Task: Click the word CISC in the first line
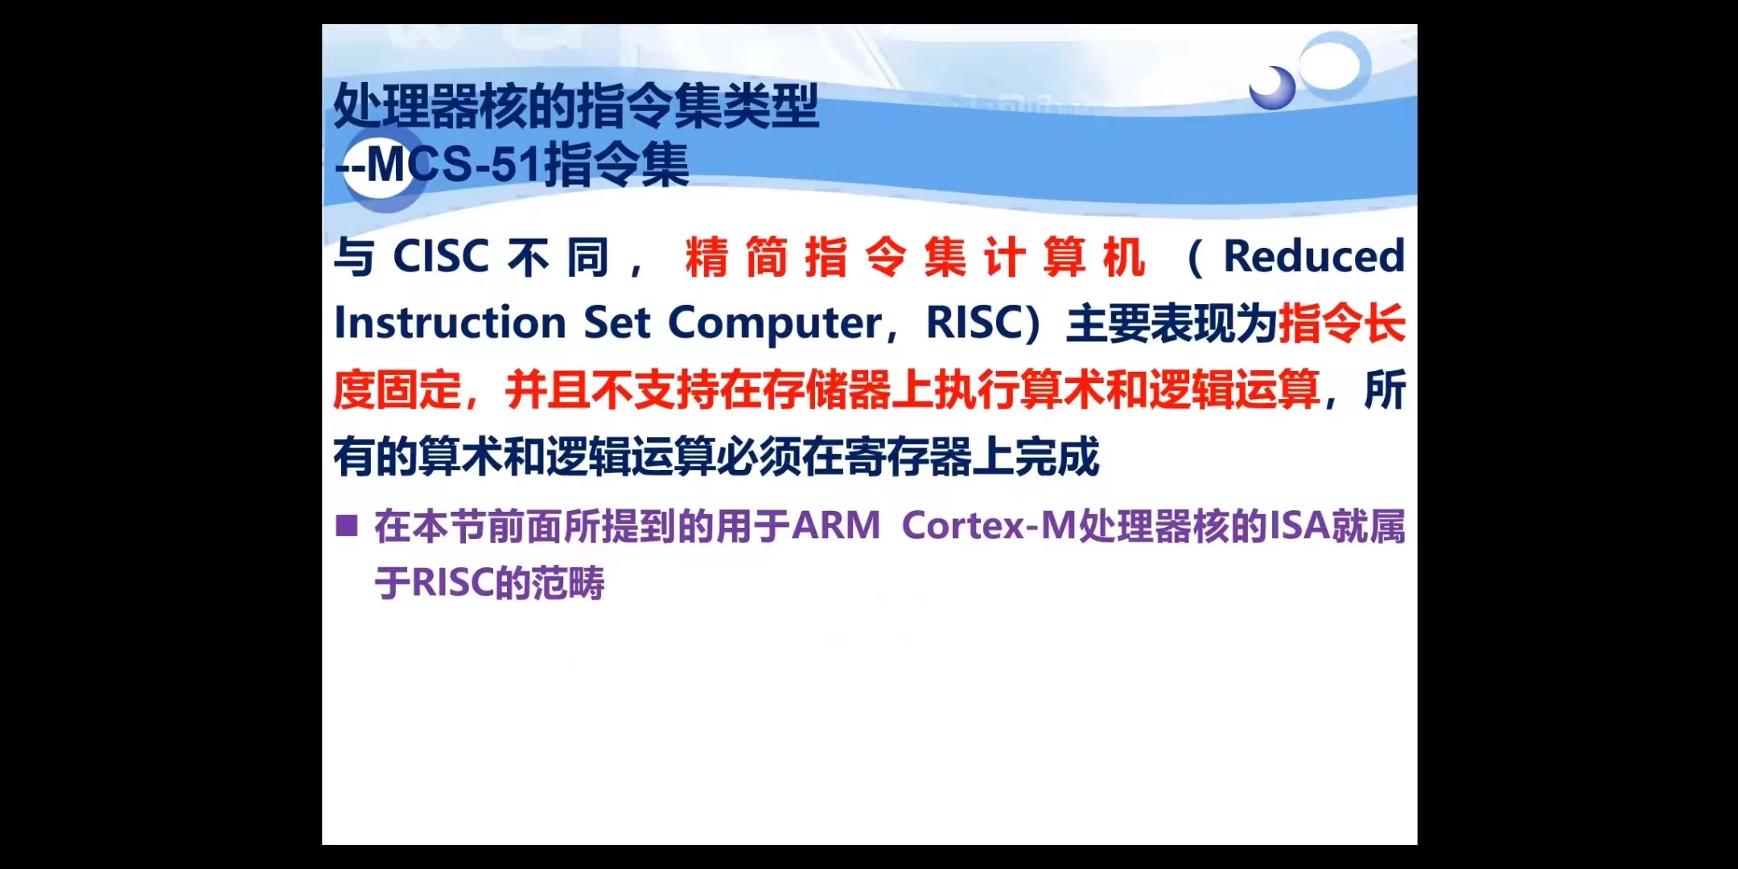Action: pyautogui.click(x=441, y=257)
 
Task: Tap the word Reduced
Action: pyautogui.click(x=1314, y=256)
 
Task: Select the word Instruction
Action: pyautogui.click(x=451, y=323)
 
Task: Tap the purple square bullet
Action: pyautogui.click(x=347, y=526)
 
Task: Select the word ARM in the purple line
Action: pyautogui.click(x=837, y=526)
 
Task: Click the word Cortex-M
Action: pyautogui.click(x=989, y=526)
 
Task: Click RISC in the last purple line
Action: pyautogui.click(x=453, y=583)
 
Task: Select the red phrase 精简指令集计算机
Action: pyautogui.click(x=915, y=257)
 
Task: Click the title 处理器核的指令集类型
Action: pyautogui.click(x=576, y=106)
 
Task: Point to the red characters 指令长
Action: pyautogui.click(x=1342, y=323)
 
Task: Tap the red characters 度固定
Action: pyautogui.click(x=397, y=390)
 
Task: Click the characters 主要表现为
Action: pyautogui.click(x=1172, y=323)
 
